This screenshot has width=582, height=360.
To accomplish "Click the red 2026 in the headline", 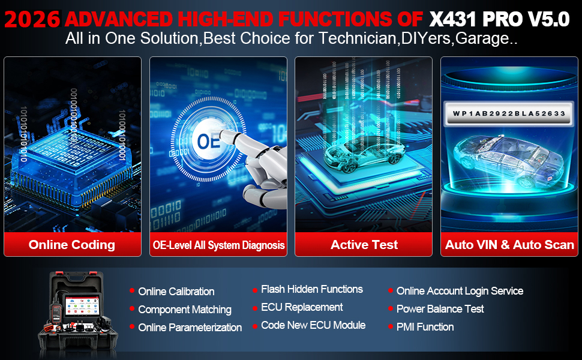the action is (32, 19).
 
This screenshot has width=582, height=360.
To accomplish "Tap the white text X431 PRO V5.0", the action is (499, 19).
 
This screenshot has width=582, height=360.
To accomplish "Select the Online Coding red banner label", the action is (72, 245).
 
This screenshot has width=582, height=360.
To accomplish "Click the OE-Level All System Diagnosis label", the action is (218, 245).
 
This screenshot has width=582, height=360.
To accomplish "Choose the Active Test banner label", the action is (364, 245).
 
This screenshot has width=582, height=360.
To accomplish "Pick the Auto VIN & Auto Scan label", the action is (509, 245).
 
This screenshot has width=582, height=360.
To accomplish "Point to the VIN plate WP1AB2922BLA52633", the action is (509, 113).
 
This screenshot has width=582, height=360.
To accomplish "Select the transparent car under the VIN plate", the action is (509, 160).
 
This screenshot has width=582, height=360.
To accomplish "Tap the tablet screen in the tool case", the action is (82, 306).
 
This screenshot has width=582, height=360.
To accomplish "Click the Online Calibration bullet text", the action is (176, 292).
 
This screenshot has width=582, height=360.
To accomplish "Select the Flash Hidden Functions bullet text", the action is (312, 289).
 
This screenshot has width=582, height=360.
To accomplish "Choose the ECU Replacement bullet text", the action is (302, 307).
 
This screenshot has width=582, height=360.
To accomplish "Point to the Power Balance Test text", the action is (440, 309).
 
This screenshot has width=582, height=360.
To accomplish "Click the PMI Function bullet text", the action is (425, 327).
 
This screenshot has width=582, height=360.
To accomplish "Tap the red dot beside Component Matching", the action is (132, 308).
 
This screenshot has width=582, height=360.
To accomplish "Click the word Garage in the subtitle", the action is (482, 38).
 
